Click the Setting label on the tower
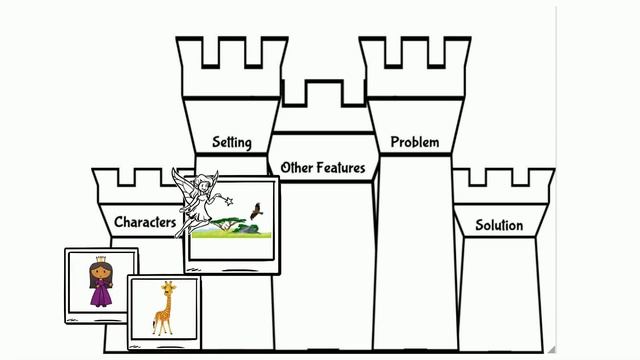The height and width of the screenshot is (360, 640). [x=231, y=142]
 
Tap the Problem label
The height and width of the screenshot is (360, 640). [x=414, y=142]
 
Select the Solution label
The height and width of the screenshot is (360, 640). [x=498, y=225]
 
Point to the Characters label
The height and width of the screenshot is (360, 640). [x=145, y=222]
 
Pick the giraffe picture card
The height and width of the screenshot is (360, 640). [x=165, y=310]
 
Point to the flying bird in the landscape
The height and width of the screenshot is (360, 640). [x=257, y=211]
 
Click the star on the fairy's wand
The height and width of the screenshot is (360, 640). [x=229, y=200]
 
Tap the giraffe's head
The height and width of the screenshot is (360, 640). [x=169, y=288]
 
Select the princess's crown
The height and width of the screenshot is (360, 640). [x=100, y=258]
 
